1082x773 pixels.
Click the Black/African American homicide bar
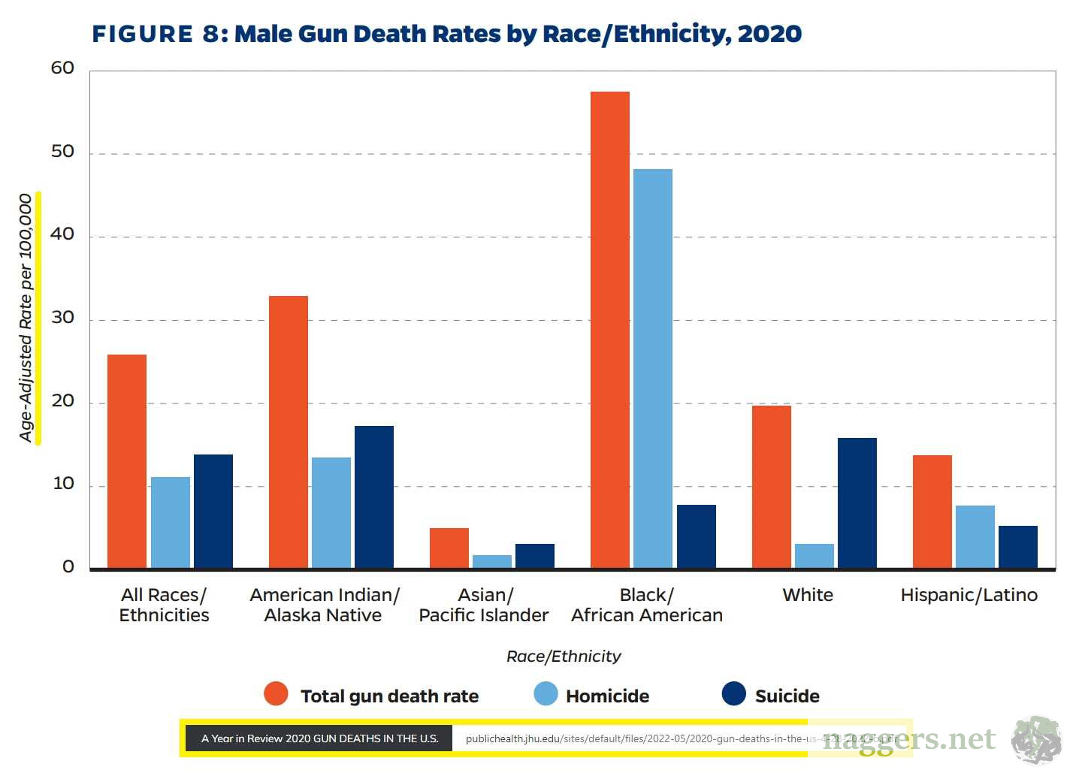tap(652, 368)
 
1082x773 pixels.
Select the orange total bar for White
tap(771, 487)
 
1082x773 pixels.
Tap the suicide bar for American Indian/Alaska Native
tap(373, 497)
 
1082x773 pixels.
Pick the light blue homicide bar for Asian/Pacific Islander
tap(491, 561)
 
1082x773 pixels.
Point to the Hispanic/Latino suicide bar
tap(1017, 547)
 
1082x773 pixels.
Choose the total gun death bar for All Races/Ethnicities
tap(127, 461)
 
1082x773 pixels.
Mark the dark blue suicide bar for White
tap(857, 503)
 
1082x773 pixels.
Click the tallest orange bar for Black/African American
tap(609, 330)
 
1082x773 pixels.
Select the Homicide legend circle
tap(546, 694)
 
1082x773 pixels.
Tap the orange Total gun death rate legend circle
tap(276, 694)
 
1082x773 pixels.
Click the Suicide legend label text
tap(787, 696)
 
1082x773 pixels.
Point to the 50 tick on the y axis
tap(63, 152)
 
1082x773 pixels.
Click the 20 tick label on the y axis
tap(63, 401)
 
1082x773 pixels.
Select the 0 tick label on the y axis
tap(68, 567)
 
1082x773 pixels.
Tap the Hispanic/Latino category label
tap(969, 595)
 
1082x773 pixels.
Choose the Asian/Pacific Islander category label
tap(484, 605)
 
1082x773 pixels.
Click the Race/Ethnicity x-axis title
tap(564, 657)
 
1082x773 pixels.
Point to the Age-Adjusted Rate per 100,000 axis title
tap(26, 318)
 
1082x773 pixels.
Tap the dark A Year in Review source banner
tap(319, 738)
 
